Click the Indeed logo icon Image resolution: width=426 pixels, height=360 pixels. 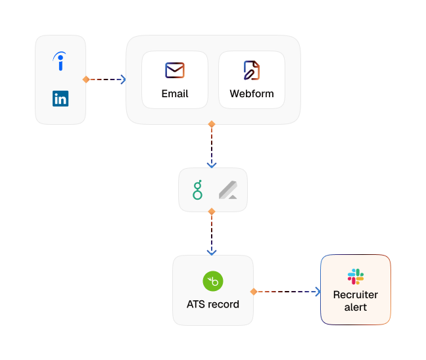60,61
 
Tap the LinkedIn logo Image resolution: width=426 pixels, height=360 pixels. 60,99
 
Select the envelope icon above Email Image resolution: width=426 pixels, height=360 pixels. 175,70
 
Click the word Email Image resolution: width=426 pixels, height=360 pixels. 175,94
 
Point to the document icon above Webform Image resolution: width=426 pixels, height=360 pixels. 252,70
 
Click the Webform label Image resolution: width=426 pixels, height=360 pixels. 252,94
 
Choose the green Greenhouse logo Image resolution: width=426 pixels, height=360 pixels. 197,190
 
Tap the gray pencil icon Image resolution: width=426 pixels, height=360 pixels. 228,190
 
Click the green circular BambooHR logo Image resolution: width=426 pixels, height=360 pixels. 213,281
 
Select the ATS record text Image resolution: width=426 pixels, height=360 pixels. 213,304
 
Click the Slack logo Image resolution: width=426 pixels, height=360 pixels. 356,277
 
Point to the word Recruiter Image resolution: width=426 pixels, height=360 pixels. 356,295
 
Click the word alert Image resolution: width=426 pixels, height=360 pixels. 356,307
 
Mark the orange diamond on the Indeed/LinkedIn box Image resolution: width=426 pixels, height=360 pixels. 86,79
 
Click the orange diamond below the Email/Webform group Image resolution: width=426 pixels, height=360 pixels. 212,124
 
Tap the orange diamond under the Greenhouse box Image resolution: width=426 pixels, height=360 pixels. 212,212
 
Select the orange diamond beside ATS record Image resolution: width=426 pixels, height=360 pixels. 254,292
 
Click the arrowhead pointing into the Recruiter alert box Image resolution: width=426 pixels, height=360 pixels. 318,292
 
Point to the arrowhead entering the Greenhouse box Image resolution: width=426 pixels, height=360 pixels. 212,165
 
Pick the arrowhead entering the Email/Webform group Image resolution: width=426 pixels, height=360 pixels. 124,79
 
